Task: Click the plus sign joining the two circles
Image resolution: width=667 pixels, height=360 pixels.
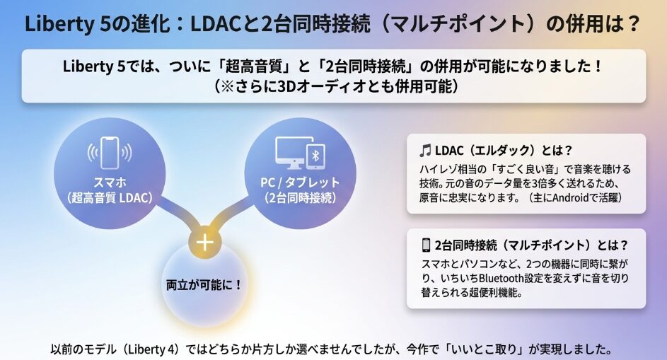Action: [x=204, y=242]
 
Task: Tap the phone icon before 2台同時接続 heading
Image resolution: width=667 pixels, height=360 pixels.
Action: [x=426, y=245]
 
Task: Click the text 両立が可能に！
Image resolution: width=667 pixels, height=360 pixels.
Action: [x=204, y=285]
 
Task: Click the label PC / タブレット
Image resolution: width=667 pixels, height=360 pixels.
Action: [x=295, y=182]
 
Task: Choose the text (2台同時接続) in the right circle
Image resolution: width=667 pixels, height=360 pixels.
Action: [x=295, y=197]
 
